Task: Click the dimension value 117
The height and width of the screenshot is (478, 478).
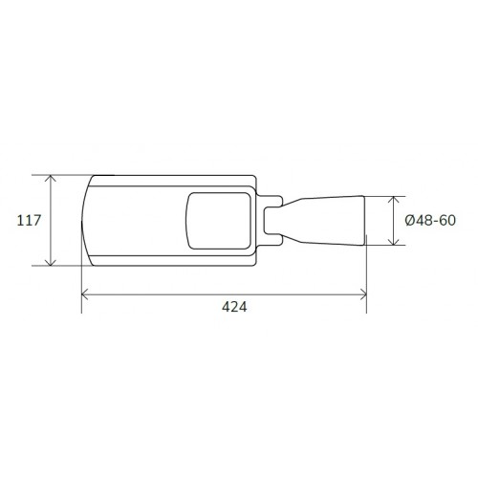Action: pyautogui.click(x=29, y=221)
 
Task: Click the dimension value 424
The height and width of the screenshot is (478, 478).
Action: pyautogui.click(x=234, y=307)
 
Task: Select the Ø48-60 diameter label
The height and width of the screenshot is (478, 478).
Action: pyautogui.click(x=430, y=221)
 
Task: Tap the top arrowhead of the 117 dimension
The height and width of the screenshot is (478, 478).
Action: pyautogui.click(x=51, y=178)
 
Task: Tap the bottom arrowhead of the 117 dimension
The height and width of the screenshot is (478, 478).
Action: pyautogui.click(x=51, y=262)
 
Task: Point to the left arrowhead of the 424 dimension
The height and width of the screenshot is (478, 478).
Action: pyautogui.click(x=84, y=294)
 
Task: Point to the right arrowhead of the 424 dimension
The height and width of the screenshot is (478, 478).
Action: pyautogui.click(x=363, y=294)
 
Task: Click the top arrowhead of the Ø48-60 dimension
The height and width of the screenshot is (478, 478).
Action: pyautogui.click(x=394, y=200)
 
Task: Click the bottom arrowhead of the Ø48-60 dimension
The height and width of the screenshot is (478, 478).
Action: pyautogui.click(x=394, y=242)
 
